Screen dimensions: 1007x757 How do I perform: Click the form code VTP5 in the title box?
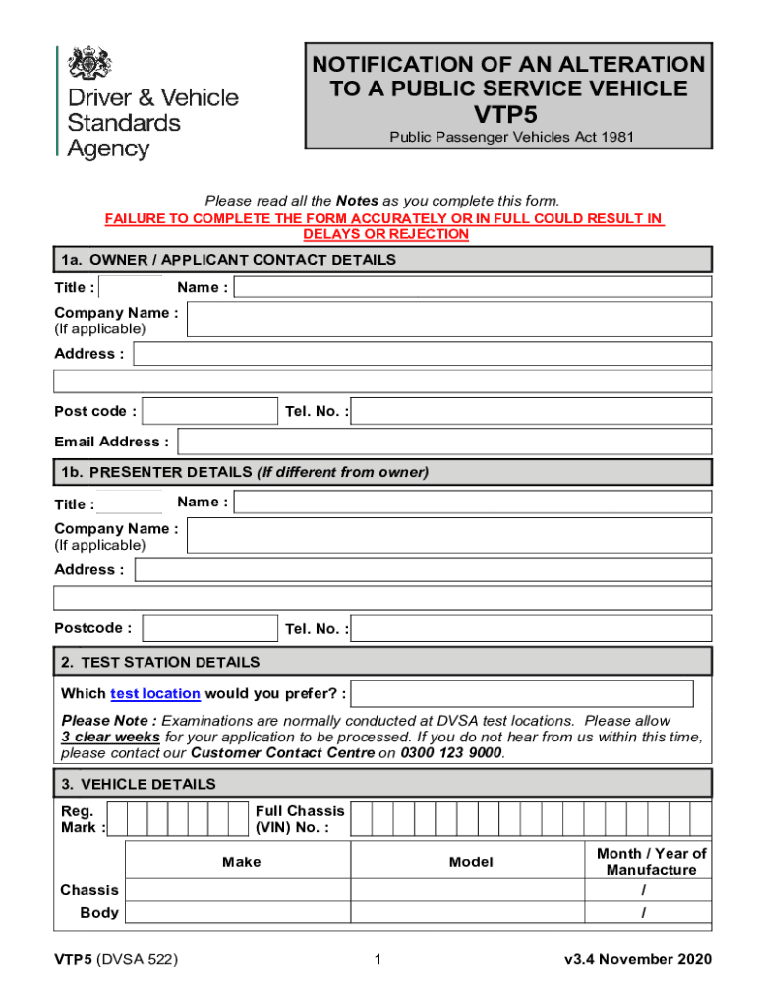(506, 113)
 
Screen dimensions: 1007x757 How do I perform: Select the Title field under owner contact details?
(132, 287)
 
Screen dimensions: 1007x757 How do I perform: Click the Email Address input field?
(443, 442)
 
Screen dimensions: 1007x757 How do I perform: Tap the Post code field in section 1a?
(210, 411)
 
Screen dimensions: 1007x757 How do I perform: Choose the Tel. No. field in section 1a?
(531, 411)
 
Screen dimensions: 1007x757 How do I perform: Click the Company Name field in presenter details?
(448, 536)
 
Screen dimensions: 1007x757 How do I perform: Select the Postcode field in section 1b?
(210, 628)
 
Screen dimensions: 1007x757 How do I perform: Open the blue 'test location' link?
(155, 693)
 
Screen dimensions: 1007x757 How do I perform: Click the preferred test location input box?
(522, 693)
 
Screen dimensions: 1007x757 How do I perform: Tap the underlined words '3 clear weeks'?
(111, 737)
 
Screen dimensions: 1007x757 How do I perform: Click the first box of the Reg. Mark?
(117, 819)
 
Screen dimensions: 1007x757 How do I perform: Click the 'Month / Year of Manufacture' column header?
(651, 861)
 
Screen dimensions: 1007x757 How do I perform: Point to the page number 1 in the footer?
(378, 960)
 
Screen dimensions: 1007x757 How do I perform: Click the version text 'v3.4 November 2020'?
(638, 960)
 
